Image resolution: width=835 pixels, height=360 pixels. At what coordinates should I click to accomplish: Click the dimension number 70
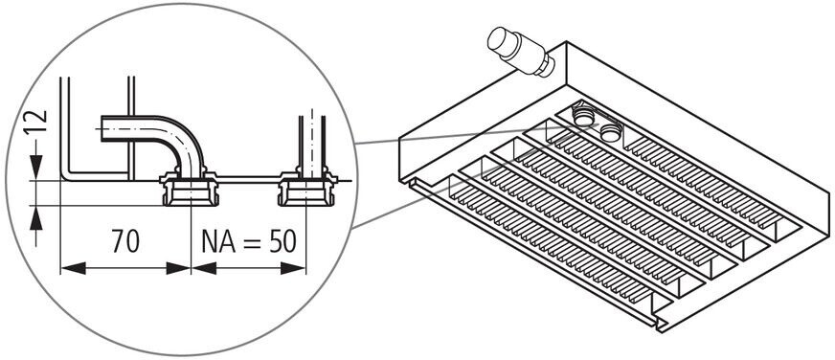[125, 240]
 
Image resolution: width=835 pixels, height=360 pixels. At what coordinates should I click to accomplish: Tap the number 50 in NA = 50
[282, 242]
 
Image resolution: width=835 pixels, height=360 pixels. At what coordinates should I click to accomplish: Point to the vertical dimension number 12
[40, 123]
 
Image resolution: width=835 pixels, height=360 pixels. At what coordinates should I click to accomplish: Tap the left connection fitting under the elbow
[191, 189]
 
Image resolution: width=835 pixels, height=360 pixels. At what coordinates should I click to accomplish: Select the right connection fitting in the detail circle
[307, 189]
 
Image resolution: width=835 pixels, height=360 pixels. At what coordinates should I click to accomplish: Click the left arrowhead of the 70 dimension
[73, 268]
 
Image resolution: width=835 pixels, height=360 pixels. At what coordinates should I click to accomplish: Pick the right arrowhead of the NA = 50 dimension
[293, 268]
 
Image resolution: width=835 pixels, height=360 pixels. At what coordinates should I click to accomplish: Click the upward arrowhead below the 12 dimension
[35, 218]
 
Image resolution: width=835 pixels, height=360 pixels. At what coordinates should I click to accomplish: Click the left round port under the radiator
[584, 116]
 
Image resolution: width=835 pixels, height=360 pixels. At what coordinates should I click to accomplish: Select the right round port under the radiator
[611, 131]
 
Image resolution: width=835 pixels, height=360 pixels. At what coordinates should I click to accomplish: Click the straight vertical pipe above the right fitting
[312, 143]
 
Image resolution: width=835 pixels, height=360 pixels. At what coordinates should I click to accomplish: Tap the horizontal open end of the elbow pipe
[102, 128]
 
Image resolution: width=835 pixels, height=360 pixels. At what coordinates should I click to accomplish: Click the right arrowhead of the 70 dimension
[178, 268]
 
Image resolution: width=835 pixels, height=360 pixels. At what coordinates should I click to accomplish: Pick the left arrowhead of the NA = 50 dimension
[203, 268]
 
